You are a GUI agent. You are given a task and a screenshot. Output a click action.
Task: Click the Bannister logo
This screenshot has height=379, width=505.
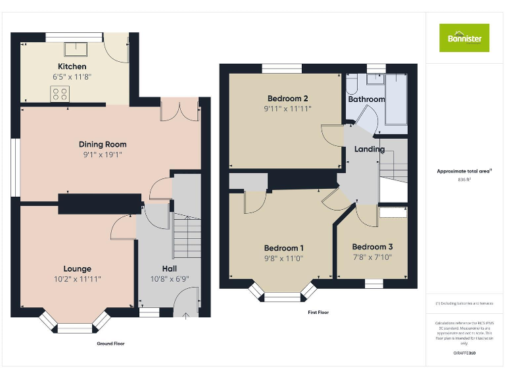pos(464,38)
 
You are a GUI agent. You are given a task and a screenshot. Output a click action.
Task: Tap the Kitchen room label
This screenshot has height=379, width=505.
pos(72,66)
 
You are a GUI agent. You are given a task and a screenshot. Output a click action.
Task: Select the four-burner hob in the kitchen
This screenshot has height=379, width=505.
pos(60,94)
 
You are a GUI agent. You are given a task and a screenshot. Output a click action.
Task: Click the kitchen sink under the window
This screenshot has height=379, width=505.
pos(72,49)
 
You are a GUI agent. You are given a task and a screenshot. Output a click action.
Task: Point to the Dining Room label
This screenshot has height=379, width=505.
pos(103,145)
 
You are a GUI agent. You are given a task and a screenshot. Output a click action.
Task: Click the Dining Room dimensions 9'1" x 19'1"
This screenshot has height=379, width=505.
pos(103,155)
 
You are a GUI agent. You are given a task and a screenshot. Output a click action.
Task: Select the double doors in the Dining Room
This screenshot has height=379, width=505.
pos(180,111)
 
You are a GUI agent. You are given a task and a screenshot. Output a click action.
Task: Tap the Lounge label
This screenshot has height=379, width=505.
pos(77,268)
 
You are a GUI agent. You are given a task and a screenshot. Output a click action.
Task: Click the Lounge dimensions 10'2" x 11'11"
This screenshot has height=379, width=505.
pos(77,279)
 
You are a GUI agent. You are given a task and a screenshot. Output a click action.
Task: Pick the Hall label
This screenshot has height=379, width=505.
pos(169,268)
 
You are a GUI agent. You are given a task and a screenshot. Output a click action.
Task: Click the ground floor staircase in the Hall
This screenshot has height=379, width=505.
pos(185,238)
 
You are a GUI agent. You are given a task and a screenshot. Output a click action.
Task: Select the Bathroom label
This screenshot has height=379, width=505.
pos(366,99)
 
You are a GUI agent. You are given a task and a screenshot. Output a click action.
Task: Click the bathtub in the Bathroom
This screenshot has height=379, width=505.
pos(397,98)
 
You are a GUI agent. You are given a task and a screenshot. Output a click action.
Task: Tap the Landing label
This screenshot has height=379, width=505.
pos(369,149)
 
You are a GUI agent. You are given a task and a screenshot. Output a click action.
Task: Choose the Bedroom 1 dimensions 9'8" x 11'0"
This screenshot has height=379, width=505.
pos(283,259)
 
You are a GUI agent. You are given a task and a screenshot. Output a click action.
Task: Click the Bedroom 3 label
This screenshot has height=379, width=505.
pos(372,247)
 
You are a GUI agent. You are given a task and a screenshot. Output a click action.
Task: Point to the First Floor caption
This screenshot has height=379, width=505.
pos(318,313)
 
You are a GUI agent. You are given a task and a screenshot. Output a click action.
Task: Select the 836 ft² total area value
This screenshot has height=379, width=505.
pos(465,179)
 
